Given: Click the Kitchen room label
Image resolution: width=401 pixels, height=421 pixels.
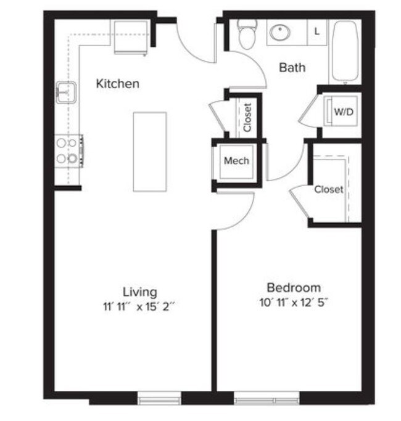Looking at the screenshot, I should (x=117, y=83).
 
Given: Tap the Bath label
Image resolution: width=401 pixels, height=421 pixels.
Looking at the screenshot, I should (x=292, y=67).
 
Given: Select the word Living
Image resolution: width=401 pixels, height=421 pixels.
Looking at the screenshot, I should (x=139, y=292).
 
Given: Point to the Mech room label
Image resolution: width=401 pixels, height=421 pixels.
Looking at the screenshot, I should (x=236, y=161).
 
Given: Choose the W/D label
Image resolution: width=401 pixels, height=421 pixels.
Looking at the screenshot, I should (x=343, y=112).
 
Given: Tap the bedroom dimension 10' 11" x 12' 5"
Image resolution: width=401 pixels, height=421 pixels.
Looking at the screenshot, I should (x=293, y=302).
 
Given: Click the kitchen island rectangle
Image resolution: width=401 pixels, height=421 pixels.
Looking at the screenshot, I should (x=150, y=151).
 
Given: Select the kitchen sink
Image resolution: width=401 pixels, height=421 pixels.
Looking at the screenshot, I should (x=66, y=92).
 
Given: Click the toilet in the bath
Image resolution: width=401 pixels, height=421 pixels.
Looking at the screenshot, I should (x=247, y=35).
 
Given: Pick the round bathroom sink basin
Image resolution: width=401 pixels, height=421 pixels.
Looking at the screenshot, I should (x=281, y=32).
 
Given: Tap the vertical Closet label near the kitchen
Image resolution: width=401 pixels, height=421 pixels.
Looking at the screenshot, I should (x=247, y=117).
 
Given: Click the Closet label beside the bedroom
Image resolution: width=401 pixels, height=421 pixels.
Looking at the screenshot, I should (x=328, y=189).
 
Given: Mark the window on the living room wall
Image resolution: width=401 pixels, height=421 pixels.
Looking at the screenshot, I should (x=159, y=399).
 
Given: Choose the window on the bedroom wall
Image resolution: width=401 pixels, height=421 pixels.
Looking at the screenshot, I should (x=267, y=399).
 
